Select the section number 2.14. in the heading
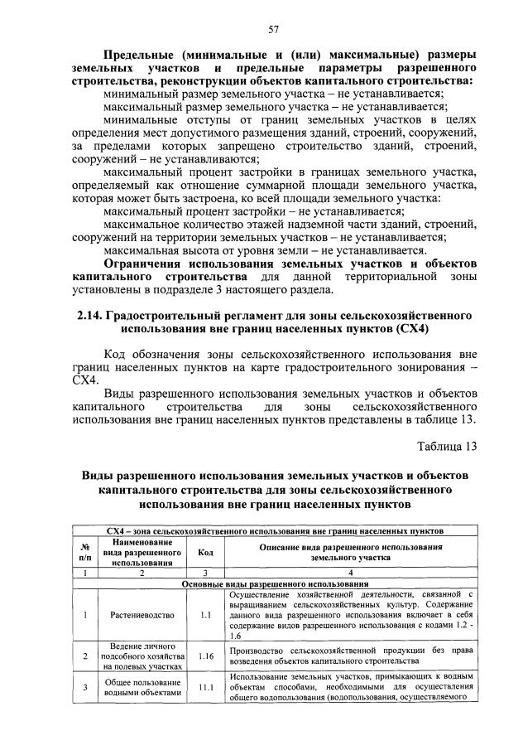(91, 316)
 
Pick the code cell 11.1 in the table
(206, 687)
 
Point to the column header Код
(206, 553)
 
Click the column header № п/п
(84, 553)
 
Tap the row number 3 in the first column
(84, 687)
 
